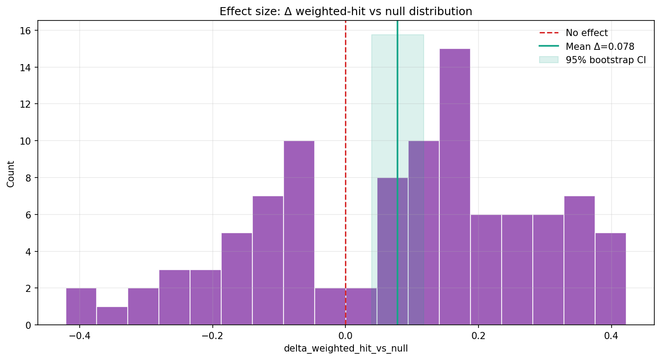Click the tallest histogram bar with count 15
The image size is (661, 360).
point(454,187)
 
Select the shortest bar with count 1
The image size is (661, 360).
point(112,316)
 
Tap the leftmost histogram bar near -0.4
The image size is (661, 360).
point(81,307)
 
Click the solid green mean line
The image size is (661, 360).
point(397,89)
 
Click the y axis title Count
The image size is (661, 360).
point(11,174)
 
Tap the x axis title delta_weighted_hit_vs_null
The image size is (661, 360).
point(346,349)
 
